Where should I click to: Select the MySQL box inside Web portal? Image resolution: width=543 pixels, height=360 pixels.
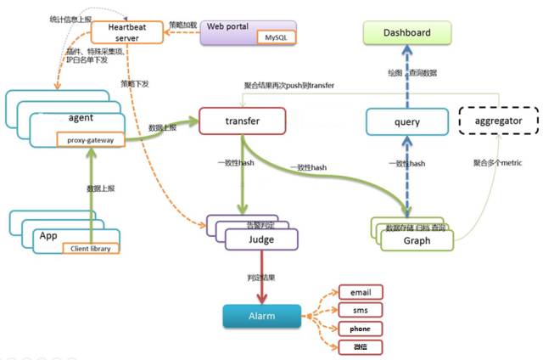point(276,39)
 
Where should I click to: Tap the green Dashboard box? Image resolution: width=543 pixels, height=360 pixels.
point(406,33)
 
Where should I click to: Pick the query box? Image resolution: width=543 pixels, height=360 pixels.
point(406,122)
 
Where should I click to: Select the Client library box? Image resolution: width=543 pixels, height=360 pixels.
point(92,248)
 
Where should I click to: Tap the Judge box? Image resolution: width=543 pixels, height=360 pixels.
point(261,240)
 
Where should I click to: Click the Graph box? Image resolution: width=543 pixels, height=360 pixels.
point(416,241)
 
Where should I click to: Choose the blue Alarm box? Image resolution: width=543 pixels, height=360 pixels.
point(261,316)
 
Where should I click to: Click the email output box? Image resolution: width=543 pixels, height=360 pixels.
point(360,292)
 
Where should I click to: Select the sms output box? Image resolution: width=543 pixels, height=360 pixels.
point(360,310)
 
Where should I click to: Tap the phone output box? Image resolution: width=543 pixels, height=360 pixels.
point(360,329)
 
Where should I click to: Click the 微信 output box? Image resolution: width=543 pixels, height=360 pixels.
point(360,346)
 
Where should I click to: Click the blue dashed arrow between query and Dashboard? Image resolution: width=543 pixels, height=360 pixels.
point(406,81)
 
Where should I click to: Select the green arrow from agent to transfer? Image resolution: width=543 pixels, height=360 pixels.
point(165,127)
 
